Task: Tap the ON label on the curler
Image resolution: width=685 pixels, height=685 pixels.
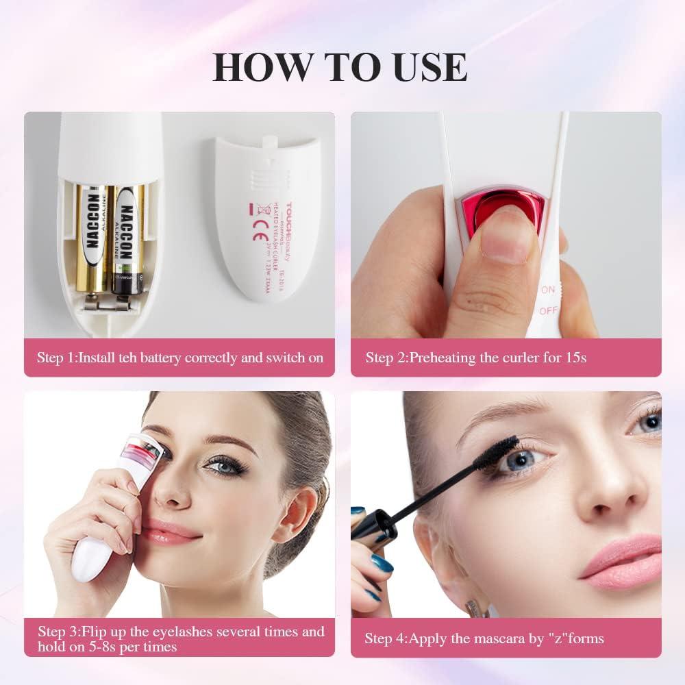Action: pyautogui.click(x=548, y=290)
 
